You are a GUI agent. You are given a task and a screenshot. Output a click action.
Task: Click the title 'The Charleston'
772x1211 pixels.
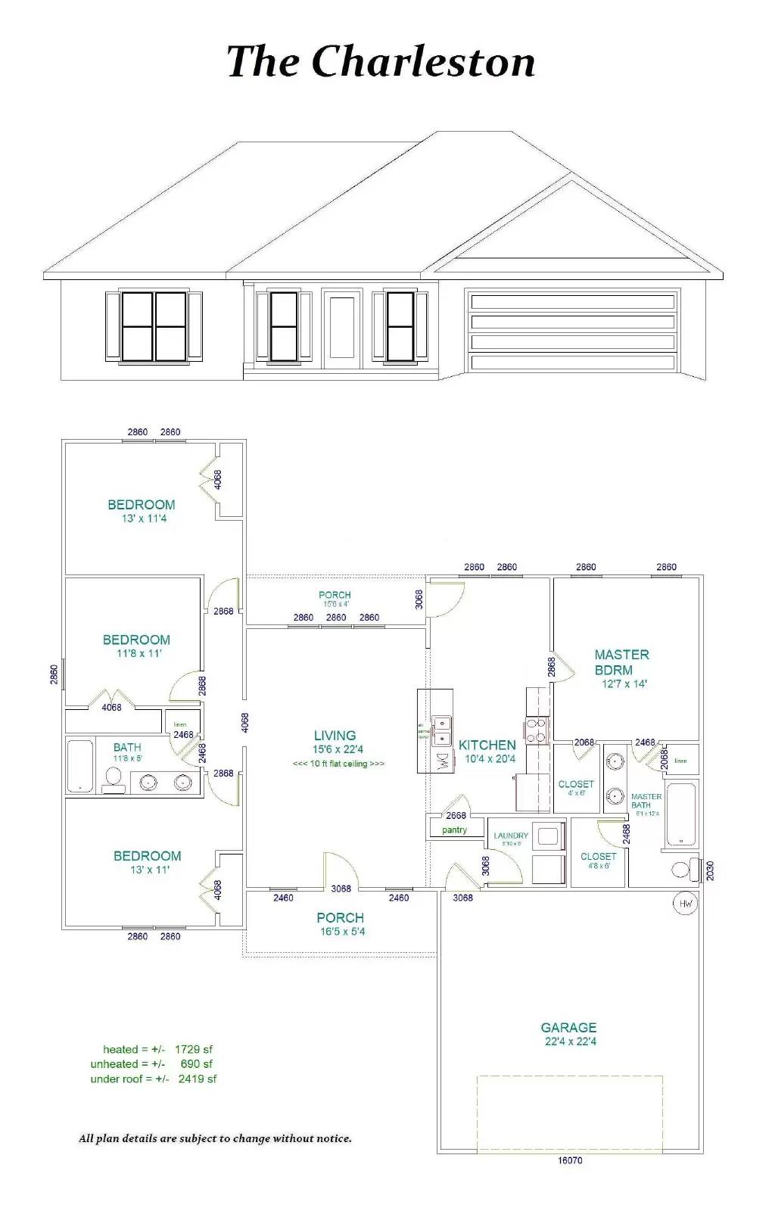pyautogui.click(x=381, y=62)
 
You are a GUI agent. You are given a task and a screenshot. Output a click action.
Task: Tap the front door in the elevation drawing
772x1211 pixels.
pyautogui.click(x=341, y=327)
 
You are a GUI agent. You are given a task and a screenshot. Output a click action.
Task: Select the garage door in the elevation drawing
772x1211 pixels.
pyautogui.click(x=572, y=332)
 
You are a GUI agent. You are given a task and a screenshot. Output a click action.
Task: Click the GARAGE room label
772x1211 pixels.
pyautogui.click(x=568, y=1027)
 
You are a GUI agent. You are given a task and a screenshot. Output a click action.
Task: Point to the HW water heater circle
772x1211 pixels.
pyautogui.click(x=685, y=903)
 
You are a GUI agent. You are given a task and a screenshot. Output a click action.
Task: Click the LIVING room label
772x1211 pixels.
pyautogui.click(x=335, y=735)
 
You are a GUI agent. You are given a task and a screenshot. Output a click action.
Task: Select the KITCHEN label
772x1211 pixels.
pyautogui.click(x=487, y=745)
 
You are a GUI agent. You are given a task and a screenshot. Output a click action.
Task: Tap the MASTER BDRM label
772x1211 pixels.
pyautogui.click(x=621, y=662)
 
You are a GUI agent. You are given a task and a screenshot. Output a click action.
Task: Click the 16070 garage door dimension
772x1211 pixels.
pyautogui.click(x=570, y=1160)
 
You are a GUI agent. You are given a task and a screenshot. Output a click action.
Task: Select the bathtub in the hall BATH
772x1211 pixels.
pyautogui.click(x=79, y=765)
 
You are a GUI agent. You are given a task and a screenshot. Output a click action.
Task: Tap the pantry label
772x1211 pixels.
pyautogui.click(x=454, y=830)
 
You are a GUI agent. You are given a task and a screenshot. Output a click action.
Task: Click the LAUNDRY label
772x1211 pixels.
pyautogui.click(x=511, y=836)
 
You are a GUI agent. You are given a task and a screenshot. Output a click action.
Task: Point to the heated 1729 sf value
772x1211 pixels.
pyautogui.click(x=193, y=1049)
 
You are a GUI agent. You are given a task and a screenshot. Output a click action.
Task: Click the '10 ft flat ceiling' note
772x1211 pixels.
pyautogui.click(x=338, y=764)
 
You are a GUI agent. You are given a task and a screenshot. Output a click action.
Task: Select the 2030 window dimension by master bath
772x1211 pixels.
pyautogui.click(x=710, y=870)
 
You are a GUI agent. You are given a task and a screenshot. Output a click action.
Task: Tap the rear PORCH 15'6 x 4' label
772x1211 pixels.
pyautogui.click(x=335, y=595)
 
